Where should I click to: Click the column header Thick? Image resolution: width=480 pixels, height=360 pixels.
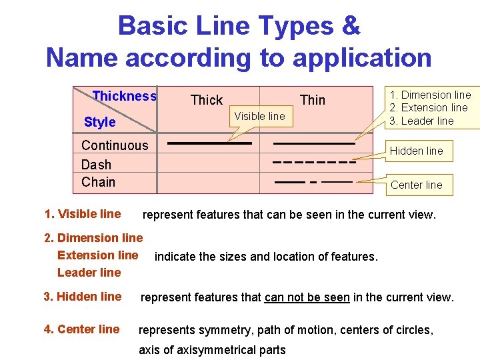click(x=206, y=100)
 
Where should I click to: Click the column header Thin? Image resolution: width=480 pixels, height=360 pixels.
click(x=312, y=100)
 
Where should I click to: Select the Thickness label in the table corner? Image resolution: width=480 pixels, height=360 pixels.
click(x=125, y=96)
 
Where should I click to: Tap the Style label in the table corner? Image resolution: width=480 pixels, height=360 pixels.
click(x=100, y=122)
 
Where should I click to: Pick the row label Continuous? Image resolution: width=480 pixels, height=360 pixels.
click(x=115, y=145)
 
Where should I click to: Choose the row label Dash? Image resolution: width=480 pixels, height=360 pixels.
click(x=96, y=165)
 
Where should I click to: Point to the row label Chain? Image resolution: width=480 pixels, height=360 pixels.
click(x=98, y=182)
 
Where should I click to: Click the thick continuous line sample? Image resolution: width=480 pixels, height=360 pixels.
click(x=209, y=143)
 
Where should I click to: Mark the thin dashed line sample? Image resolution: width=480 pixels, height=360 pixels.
click(x=313, y=162)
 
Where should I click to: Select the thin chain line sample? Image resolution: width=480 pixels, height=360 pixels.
click(x=313, y=181)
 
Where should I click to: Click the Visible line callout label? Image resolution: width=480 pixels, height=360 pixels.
click(x=259, y=116)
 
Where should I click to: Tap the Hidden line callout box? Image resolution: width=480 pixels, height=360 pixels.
click(x=416, y=151)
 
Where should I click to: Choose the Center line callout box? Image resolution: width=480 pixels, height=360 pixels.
click(x=416, y=185)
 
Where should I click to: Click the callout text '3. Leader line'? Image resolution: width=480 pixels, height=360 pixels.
click(x=422, y=121)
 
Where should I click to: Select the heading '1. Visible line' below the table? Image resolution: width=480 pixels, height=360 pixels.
click(x=83, y=214)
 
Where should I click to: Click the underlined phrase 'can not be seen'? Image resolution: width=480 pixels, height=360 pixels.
click(x=307, y=297)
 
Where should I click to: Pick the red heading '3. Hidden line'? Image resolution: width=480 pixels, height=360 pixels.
click(x=83, y=297)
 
